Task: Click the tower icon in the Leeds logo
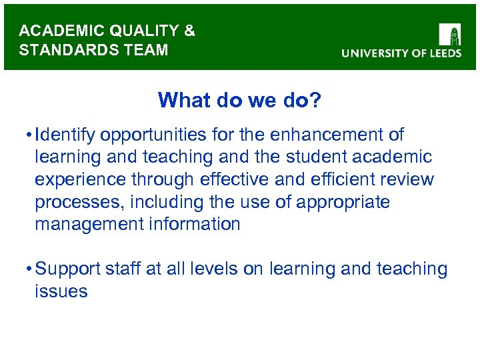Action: pyautogui.click(x=449, y=34)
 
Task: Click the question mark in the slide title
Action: pyautogui.click(x=315, y=100)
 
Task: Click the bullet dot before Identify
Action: pyautogui.click(x=27, y=135)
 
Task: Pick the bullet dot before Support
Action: pyautogui.click(x=27, y=269)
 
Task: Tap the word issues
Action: pyautogui.click(x=61, y=291)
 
